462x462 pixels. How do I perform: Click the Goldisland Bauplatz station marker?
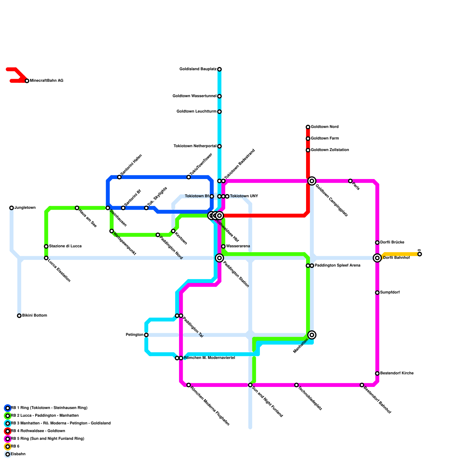(219, 69)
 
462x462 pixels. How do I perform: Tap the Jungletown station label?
(25, 208)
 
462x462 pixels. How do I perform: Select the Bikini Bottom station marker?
(19, 316)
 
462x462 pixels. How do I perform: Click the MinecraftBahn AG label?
(46, 81)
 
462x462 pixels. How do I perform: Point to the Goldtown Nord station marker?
(308, 127)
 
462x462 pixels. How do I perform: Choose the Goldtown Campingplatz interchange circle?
(312, 181)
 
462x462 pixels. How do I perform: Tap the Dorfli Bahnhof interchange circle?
(377, 258)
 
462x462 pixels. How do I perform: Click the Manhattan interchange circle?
(312, 335)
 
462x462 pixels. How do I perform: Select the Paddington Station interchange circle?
(219, 258)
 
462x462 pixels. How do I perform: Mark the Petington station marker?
(146, 335)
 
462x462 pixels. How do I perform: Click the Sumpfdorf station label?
(390, 293)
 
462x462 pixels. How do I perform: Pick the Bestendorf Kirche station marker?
(377, 373)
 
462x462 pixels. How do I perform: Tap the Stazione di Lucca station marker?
(46, 246)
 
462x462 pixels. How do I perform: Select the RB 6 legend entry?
(15, 446)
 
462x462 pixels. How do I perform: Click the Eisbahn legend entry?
(18, 454)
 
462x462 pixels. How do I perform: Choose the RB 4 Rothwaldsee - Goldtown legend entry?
(38, 431)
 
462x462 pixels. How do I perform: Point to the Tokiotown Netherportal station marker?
(219, 146)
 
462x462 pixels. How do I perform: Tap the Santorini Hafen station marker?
(119, 177)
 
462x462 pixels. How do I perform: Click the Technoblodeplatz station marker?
(297, 385)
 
